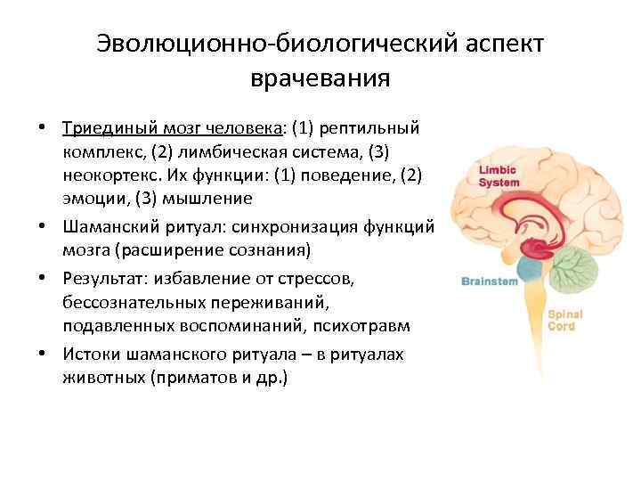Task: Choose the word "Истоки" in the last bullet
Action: [92, 355]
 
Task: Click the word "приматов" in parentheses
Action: [205, 378]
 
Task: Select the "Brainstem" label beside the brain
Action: [489, 281]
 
